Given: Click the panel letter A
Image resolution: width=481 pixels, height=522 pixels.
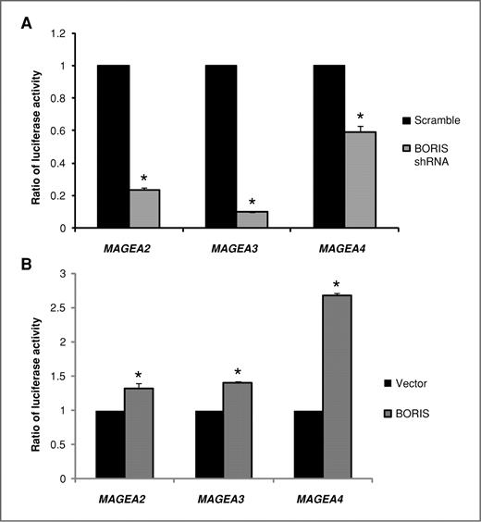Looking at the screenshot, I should coord(28,28).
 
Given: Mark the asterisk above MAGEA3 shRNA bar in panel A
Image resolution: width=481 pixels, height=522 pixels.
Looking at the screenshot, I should coord(252,201).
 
